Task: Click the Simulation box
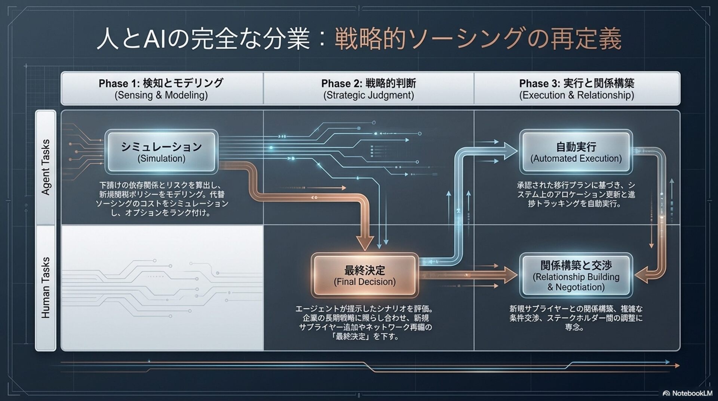pyautogui.click(x=161, y=152)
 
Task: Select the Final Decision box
pyautogui.click(x=365, y=275)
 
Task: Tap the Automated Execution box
pyautogui.click(x=576, y=152)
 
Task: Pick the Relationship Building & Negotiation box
pyautogui.click(x=576, y=276)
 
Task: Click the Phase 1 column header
pyautogui.click(x=161, y=88)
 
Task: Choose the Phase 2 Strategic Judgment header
pyautogui.click(x=368, y=88)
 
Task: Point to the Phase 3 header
pyautogui.click(x=577, y=88)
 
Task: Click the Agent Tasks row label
pyautogui.click(x=46, y=167)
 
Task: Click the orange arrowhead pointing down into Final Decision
pyautogui.click(x=365, y=242)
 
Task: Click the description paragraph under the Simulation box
pyautogui.click(x=161, y=199)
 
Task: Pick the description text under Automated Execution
pyautogui.click(x=576, y=195)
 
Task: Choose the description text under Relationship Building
pyautogui.click(x=576, y=318)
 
